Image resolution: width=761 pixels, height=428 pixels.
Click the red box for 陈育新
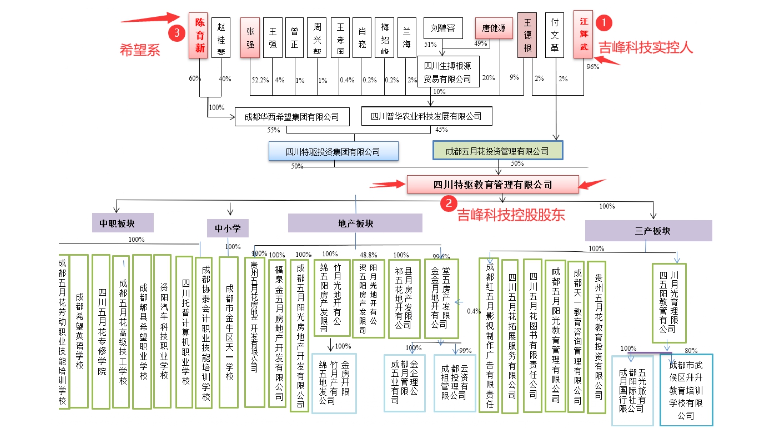(x=198, y=35)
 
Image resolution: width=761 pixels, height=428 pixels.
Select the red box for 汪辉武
(x=584, y=34)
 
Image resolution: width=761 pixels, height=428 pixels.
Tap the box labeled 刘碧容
(x=443, y=28)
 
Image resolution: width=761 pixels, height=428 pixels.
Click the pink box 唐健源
(x=494, y=28)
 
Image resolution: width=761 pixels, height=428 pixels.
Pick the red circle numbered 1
(x=604, y=23)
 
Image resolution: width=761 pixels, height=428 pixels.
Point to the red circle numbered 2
(x=448, y=204)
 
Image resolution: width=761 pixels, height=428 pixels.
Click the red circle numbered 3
(x=177, y=33)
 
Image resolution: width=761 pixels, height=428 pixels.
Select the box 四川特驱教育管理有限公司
(x=493, y=185)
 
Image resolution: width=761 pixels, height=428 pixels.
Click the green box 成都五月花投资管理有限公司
(x=497, y=151)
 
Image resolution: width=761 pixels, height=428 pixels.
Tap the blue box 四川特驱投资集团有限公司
(x=333, y=152)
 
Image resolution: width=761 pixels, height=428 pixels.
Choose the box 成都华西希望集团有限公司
(x=292, y=117)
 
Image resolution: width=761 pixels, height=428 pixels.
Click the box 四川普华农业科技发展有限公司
(x=426, y=116)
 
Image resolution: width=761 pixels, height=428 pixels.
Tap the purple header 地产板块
(x=355, y=223)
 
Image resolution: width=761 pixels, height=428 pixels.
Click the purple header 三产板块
(x=648, y=231)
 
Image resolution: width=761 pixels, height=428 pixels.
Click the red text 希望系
(x=140, y=50)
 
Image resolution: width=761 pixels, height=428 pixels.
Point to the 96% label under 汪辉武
(x=593, y=67)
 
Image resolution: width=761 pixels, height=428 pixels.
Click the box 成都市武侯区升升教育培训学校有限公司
(x=686, y=390)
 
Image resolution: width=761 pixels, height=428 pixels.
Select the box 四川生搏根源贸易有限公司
(x=447, y=73)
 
